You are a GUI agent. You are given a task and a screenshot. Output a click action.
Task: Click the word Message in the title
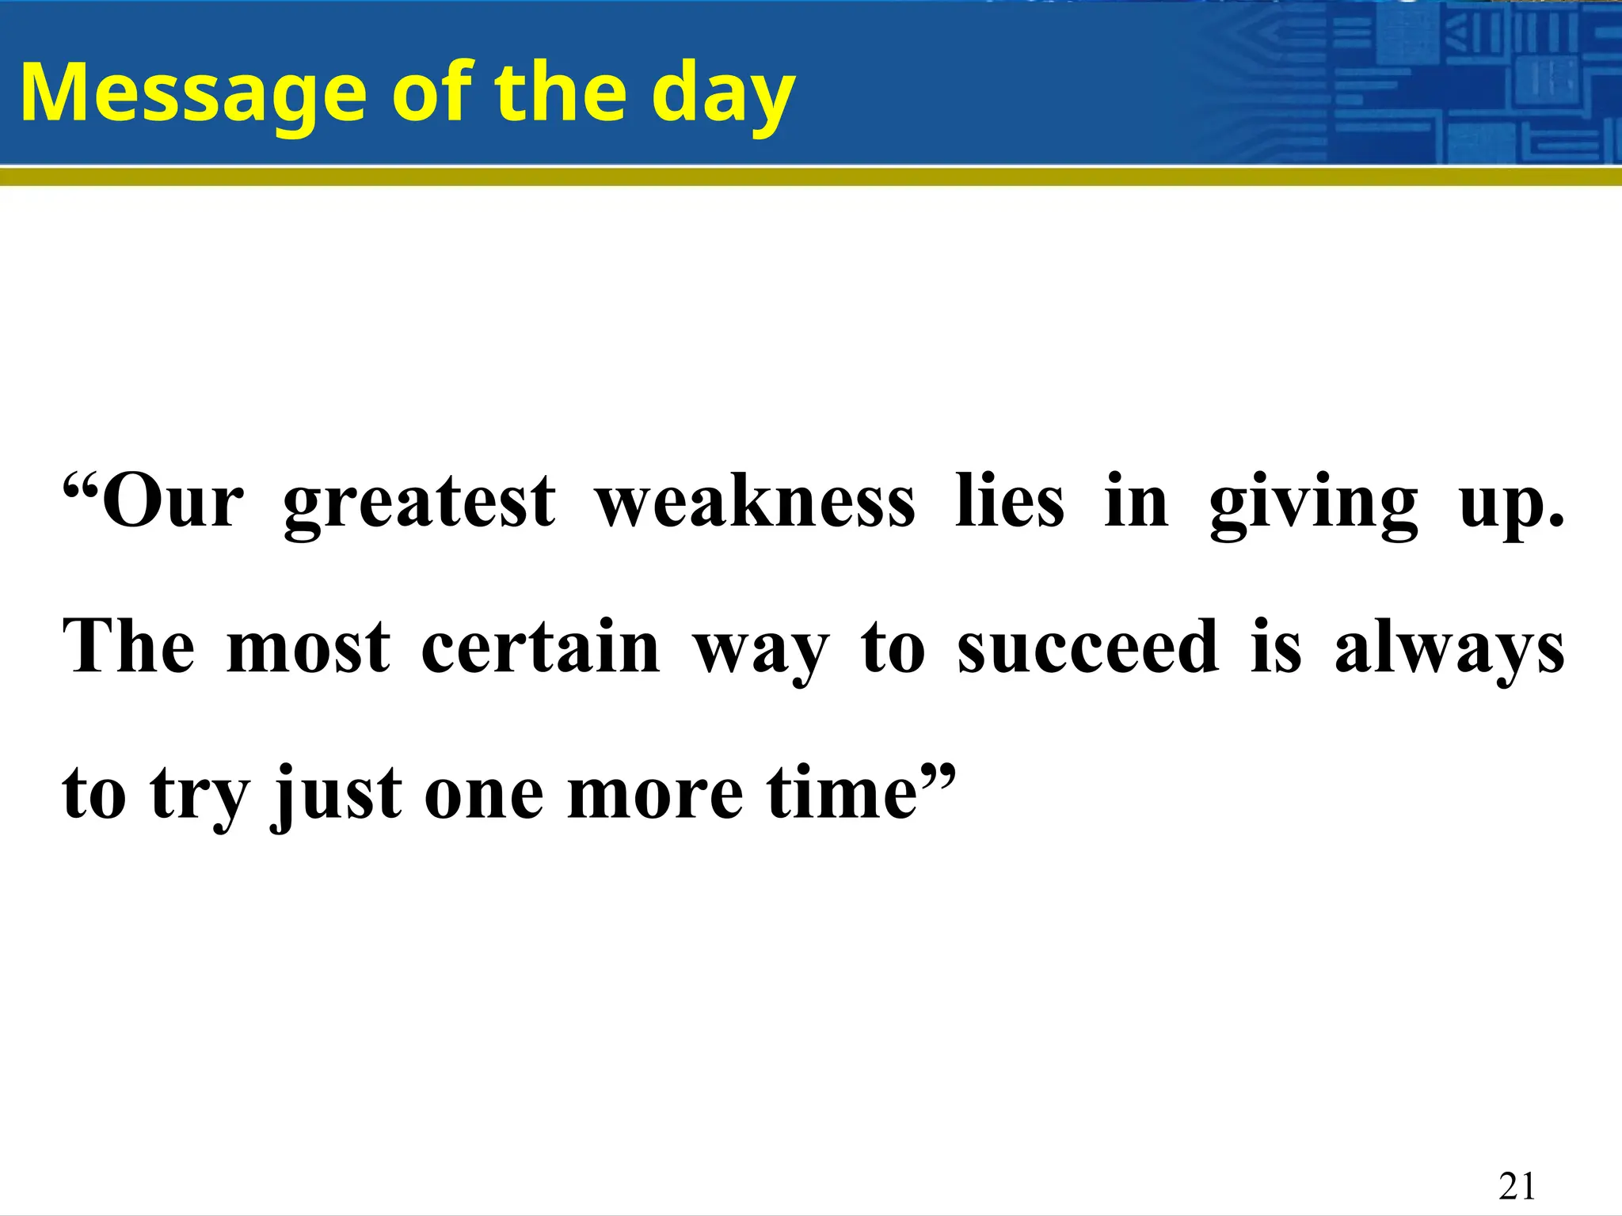click(x=190, y=93)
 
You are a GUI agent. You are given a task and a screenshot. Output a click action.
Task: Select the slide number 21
click(x=1517, y=1187)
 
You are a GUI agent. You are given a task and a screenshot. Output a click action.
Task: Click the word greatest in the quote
click(x=420, y=503)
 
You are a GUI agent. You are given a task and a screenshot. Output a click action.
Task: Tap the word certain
click(x=540, y=648)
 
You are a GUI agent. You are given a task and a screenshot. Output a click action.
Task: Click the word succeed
click(x=1087, y=648)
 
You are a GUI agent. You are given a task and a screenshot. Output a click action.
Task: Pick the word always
click(x=1449, y=648)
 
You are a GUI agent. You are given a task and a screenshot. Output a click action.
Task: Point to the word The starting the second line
click(x=128, y=648)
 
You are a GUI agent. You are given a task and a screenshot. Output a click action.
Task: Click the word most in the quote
click(x=307, y=648)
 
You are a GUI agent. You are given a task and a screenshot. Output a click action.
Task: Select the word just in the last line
click(x=337, y=793)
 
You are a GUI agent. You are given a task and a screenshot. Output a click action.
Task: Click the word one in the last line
click(x=484, y=793)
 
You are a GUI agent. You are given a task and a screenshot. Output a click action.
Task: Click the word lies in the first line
click(x=1009, y=503)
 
